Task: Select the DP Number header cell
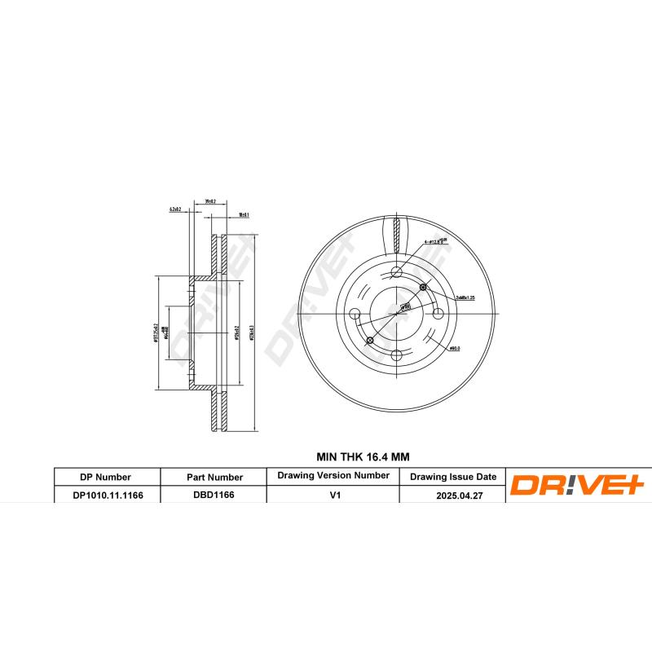pos(106,477)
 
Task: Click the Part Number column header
pos(214,477)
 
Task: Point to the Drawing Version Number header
pos(333,475)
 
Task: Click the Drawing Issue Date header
pos(452,477)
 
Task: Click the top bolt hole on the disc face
pos(397,272)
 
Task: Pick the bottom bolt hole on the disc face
pos(397,355)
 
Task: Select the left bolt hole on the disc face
pos(355,314)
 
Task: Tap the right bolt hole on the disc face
pos(438,314)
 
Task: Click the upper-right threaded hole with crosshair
pos(422,288)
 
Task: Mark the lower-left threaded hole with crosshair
pos(370,339)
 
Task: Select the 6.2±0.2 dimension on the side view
pos(174,209)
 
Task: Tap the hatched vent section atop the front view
pos(397,236)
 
